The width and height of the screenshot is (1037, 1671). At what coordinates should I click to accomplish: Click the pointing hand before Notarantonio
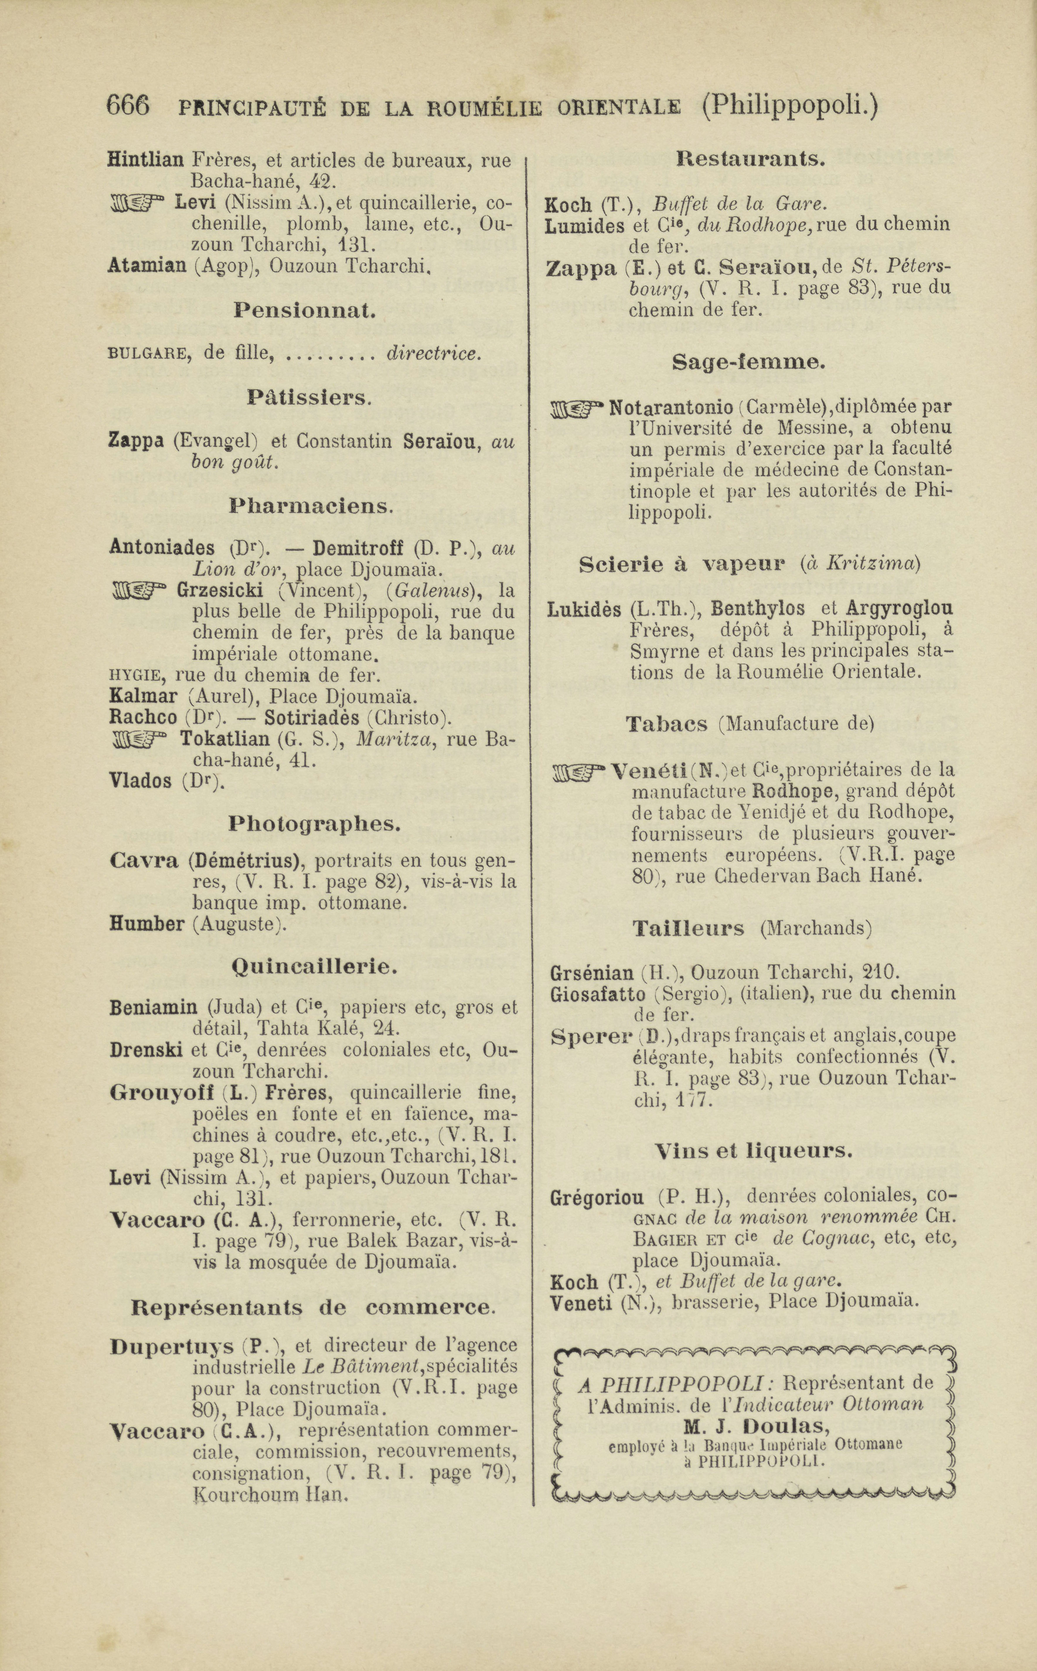point(578,410)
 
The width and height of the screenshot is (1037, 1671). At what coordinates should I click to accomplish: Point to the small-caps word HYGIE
point(135,676)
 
